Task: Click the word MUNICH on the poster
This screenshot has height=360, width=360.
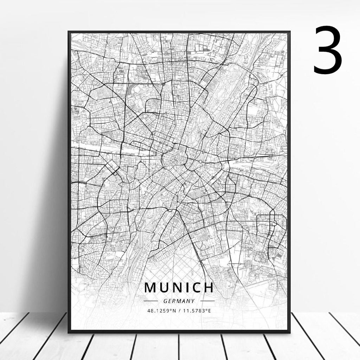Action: click(x=179, y=288)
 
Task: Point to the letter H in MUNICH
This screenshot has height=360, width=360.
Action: click(x=208, y=288)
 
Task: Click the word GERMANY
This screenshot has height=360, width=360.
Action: click(x=179, y=301)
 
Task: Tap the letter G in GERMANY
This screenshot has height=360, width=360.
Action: click(x=165, y=301)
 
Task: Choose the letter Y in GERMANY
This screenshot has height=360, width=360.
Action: click(x=193, y=301)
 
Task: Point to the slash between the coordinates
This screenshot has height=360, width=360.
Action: click(x=180, y=310)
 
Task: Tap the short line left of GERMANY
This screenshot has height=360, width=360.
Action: click(x=151, y=301)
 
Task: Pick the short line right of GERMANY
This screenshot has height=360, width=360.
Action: click(x=207, y=301)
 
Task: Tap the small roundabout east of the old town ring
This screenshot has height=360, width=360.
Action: click(x=200, y=161)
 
